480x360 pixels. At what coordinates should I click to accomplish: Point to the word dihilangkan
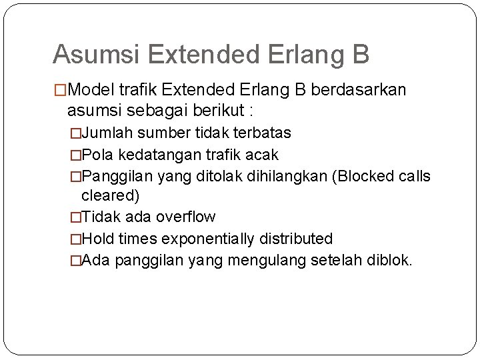277,177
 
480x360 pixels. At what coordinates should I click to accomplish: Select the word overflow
185,217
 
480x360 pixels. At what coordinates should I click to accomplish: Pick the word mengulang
267,259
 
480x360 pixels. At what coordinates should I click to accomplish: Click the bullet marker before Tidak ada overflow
75,217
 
